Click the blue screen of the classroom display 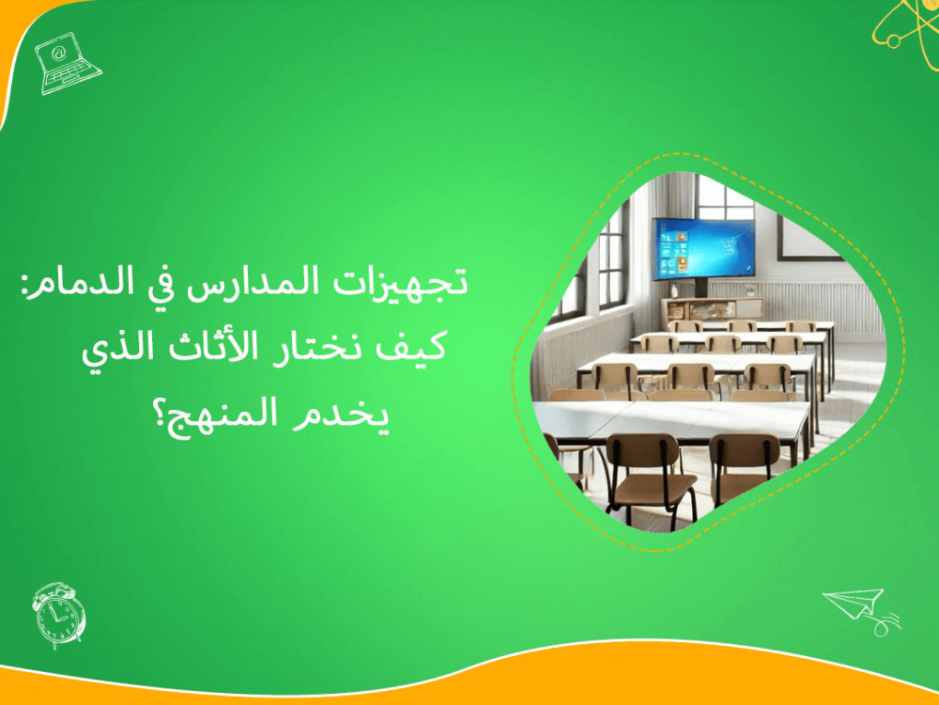pos(704,248)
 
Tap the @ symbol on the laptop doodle pos(60,55)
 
